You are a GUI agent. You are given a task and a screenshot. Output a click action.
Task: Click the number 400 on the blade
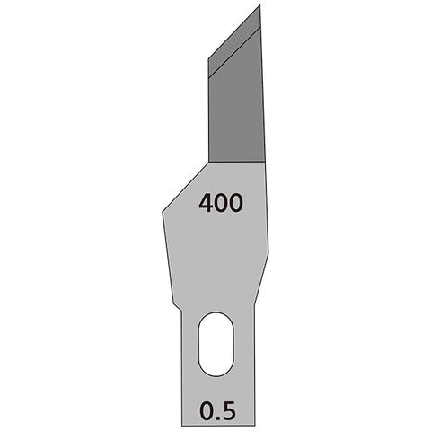(220, 204)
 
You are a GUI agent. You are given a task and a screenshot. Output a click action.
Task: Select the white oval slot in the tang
(215, 344)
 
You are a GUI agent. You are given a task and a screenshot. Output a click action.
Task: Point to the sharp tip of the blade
(259, 6)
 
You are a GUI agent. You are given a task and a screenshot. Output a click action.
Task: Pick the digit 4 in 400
(206, 204)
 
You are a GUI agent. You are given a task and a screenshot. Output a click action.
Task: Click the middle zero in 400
(221, 204)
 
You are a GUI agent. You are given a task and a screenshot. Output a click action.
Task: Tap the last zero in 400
(235, 204)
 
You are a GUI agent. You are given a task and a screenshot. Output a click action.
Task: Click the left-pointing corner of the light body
(163, 213)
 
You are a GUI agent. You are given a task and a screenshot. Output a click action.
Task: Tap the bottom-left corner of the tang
(183, 425)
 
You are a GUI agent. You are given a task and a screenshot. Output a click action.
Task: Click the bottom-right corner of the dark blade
(267, 162)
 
